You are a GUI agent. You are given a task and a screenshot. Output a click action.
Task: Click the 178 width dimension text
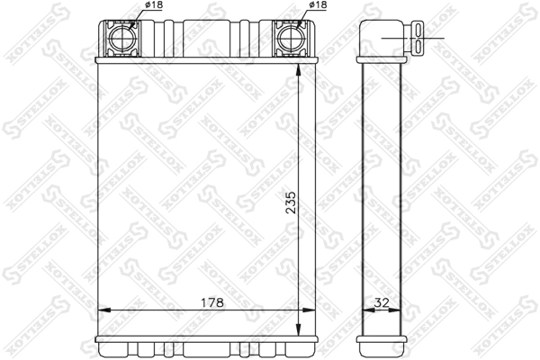tap(210, 301)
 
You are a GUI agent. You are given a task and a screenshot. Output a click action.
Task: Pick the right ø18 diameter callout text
tap(318, 6)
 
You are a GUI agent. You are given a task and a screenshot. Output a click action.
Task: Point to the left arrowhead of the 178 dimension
tap(102, 310)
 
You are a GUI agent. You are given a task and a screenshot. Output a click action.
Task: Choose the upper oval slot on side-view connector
tap(421, 34)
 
